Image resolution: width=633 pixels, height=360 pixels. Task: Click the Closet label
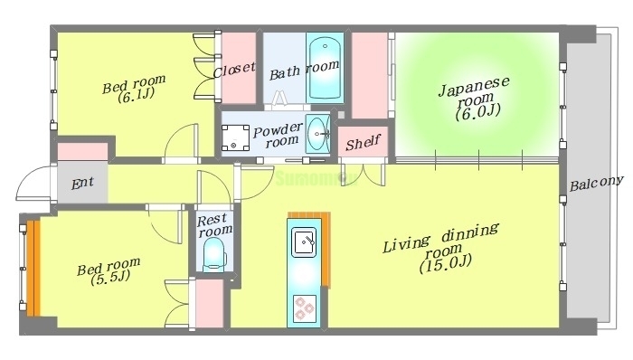pos(234,70)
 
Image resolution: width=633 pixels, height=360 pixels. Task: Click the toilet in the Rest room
pos(213,258)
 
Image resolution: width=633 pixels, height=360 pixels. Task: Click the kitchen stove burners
pos(303,308)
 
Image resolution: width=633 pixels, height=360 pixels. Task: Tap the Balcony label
pos(596,183)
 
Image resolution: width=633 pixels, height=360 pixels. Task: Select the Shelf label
pos(362,142)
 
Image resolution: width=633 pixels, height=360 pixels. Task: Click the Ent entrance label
pos(82,184)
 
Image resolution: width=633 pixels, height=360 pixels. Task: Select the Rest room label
pos(214,223)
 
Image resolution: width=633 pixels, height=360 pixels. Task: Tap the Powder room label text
pos(276,136)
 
